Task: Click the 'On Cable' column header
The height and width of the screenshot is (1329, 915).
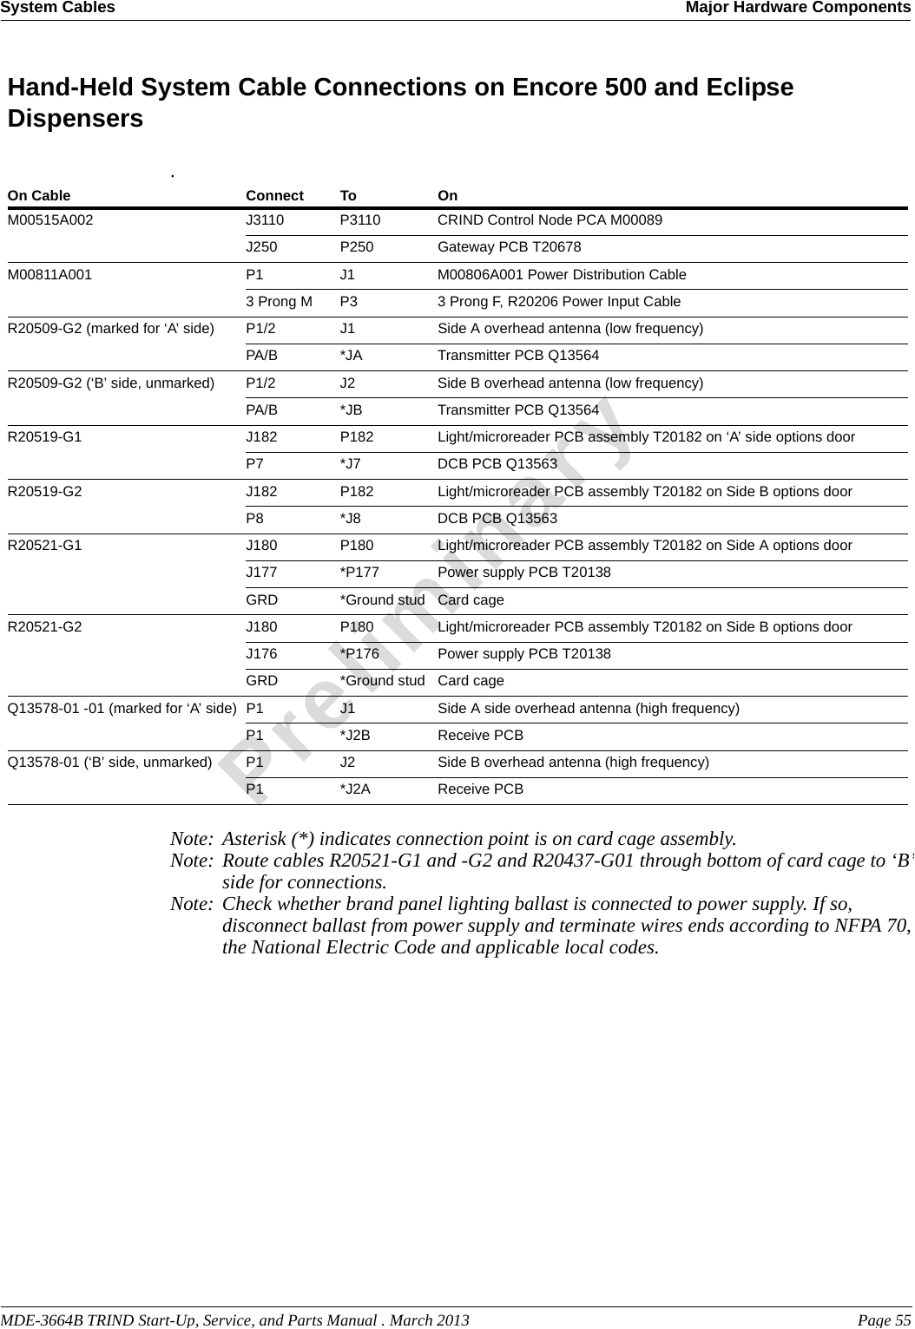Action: (39, 196)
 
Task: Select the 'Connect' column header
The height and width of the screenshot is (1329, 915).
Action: (274, 196)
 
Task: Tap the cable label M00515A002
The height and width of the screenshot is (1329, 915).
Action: (50, 220)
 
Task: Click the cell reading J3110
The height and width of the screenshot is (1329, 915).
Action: (265, 220)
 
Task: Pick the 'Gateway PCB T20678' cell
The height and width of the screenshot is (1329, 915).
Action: (509, 247)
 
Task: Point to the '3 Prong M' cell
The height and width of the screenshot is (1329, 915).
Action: (279, 302)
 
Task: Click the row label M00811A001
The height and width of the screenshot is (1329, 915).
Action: (49, 275)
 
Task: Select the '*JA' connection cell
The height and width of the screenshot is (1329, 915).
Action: (351, 356)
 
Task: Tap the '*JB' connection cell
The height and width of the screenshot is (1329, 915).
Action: (351, 410)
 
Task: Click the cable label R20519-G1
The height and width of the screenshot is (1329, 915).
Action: (45, 437)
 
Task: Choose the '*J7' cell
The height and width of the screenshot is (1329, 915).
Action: (350, 464)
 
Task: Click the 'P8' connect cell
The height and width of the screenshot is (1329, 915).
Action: (255, 519)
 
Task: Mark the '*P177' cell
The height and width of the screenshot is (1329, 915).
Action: (359, 573)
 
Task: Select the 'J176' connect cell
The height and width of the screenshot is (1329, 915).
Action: (261, 654)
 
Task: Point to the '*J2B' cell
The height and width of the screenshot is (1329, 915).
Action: (354, 736)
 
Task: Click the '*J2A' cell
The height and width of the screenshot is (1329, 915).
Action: (354, 789)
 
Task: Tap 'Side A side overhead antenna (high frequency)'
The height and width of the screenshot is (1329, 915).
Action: (588, 709)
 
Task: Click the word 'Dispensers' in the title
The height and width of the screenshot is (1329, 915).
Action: (76, 118)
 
